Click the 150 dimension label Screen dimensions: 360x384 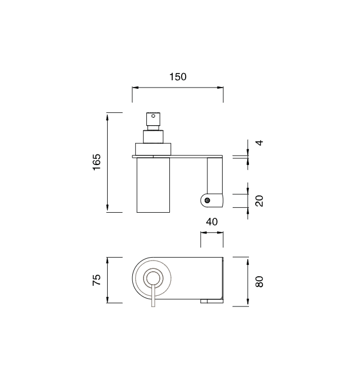[178, 77]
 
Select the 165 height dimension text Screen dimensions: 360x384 [96, 162]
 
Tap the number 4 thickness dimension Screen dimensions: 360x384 [259, 143]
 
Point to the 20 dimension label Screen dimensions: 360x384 [259, 201]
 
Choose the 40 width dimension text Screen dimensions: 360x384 [211, 222]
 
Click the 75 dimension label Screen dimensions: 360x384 [96, 280]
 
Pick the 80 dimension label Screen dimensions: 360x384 [259, 281]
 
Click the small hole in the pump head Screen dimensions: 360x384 [153, 116]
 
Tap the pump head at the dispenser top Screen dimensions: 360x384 [153, 119]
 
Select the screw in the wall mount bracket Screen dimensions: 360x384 [207, 200]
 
